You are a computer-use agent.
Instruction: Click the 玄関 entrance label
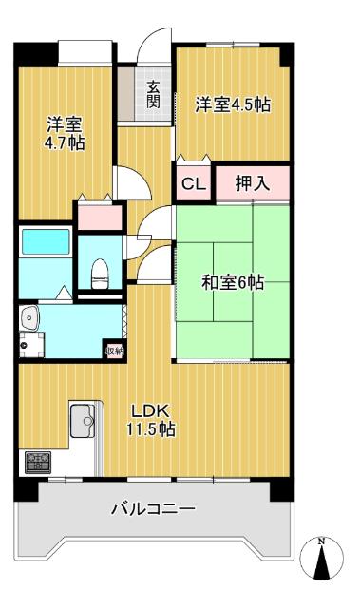[153, 94]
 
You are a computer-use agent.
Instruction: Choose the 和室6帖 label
[233, 282]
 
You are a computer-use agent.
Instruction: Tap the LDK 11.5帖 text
[152, 420]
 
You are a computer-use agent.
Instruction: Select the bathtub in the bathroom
[46, 241]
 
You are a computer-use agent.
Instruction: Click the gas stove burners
[38, 463]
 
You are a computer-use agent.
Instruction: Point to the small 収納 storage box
[114, 350]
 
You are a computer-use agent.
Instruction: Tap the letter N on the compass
[321, 542]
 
